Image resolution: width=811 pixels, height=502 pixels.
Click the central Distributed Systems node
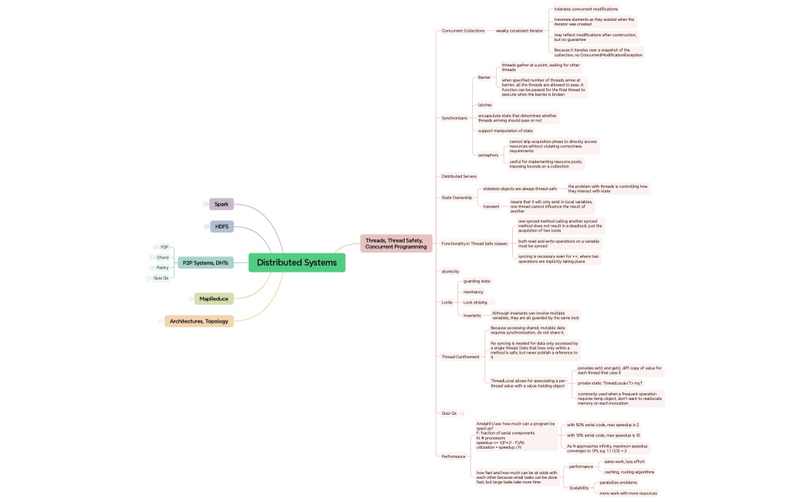pos(297,263)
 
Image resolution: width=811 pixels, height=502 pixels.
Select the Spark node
pos(222,204)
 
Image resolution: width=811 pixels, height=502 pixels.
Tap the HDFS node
pos(222,226)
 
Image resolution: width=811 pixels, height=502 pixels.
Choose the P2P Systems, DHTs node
pos(205,263)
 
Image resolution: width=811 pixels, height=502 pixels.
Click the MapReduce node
pos(214,298)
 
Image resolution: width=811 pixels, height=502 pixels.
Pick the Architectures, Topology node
pos(199,321)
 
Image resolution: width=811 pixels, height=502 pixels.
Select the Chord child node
pos(162,257)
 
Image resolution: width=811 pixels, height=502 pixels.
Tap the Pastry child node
pos(162,267)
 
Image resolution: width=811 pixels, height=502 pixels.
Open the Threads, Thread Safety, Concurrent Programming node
pos(395,243)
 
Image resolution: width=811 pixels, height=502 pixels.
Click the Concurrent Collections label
pos(463,31)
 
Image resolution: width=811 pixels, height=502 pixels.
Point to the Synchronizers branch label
pos(454,118)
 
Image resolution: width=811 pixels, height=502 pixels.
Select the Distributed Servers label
pos(459,176)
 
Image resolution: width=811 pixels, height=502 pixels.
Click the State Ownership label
pos(456,198)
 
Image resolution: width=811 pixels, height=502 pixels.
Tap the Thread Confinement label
pos(460,357)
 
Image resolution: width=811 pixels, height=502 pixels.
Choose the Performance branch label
pos(453,456)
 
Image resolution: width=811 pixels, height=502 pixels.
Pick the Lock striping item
pos(475,302)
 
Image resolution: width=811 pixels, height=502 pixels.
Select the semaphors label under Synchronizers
pos(488,155)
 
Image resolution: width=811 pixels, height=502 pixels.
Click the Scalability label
pos(579,488)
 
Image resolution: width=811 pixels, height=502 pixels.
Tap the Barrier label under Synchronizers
pos(484,77)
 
